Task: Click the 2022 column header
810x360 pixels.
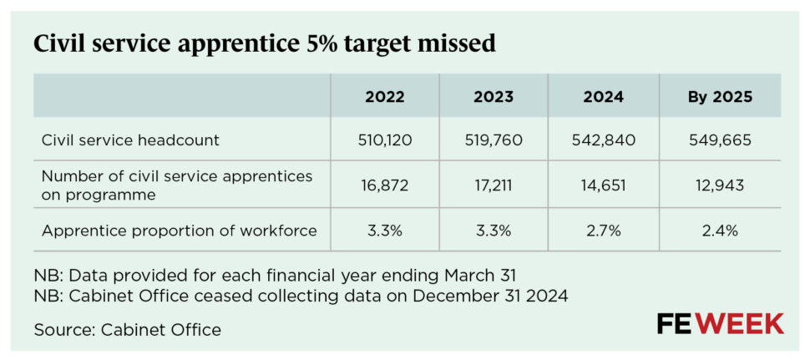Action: coord(384,97)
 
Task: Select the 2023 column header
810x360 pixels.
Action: coord(494,97)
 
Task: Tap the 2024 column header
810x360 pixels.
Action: coord(603,97)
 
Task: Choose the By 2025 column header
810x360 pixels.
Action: coord(720,97)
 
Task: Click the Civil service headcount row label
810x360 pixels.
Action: coord(130,140)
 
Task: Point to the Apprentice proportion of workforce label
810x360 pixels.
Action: coord(179,231)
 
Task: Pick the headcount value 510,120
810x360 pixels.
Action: coord(384,140)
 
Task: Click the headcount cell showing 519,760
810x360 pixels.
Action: coord(494,140)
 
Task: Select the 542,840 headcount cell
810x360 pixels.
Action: coord(603,140)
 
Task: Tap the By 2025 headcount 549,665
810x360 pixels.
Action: coord(720,140)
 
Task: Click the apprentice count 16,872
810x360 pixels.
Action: coord(384,185)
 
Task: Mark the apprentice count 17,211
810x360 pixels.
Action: coord(494,185)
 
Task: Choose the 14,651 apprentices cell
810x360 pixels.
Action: coord(603,185)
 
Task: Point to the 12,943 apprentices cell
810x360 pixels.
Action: coord(720,185)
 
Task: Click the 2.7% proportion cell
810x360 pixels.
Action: coord(603,231)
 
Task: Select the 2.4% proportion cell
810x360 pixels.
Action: coord(720,231)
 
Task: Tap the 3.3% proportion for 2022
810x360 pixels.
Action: coord(384,231)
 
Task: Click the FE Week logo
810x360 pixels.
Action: coord(720,323)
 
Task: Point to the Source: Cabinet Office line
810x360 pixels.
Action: coord(127,330)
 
